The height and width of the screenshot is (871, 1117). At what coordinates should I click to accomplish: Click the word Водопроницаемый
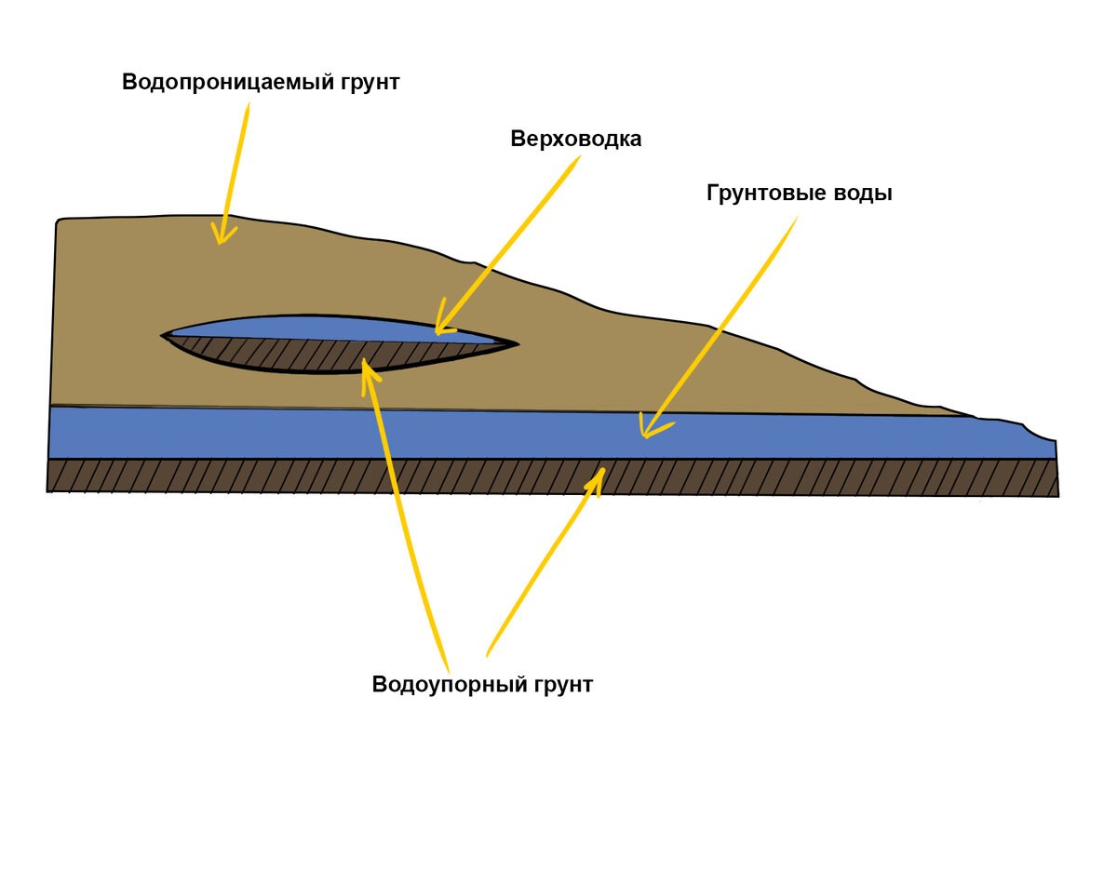click(224, 82)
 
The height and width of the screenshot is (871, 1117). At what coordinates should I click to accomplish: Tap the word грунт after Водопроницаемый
click(367, 82)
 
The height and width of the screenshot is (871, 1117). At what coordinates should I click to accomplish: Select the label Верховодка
click(576, 139)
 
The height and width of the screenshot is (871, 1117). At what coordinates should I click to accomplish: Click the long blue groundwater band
click(372, 433)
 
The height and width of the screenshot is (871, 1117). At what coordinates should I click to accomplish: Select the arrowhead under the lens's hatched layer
click(369, 372)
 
